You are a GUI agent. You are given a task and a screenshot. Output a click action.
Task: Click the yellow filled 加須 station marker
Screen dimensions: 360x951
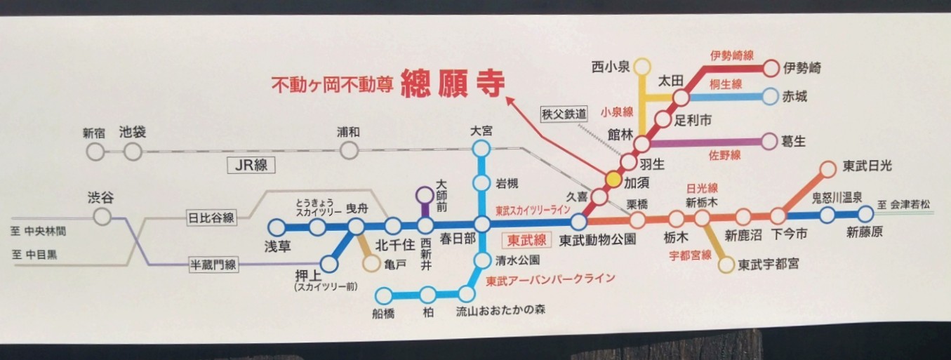point(613,179)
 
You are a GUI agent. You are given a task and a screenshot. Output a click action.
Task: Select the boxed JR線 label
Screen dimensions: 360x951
point(251,166)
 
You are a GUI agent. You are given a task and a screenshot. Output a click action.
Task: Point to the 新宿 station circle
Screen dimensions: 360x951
point(95,151)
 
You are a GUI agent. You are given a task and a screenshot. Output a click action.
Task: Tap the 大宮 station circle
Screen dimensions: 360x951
point(481,148)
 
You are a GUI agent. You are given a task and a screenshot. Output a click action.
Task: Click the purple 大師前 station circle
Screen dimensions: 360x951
point(425,194)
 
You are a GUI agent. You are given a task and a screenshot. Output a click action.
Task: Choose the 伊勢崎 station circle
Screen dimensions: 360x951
point(771,68)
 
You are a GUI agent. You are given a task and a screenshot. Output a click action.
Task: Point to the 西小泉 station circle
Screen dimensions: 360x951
point(641,67)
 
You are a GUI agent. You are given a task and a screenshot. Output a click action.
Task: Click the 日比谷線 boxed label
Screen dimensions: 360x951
point(211,218)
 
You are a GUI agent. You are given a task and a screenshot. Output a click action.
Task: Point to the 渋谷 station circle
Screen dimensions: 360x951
point(102,217)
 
